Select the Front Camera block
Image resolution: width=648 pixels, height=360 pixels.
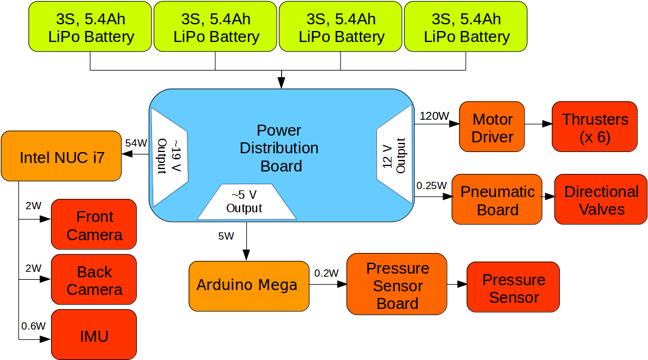click(x=94, y=225)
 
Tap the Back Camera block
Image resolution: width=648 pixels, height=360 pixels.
click(x=94, y=280)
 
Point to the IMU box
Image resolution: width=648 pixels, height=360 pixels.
click(x=94, y=335)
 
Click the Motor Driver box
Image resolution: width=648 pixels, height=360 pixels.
click(x=492, y=127)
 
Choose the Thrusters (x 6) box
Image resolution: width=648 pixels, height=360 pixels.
click(x=595, y=127)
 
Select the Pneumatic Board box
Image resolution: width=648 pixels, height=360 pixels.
click(x=497, y=200)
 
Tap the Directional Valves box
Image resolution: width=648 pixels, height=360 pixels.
click(x=601, y=200)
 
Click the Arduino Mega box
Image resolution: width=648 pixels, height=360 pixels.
click(x=248, y=285)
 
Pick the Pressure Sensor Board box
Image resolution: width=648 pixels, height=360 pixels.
click(x=396, y=285)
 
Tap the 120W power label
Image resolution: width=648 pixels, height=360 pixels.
click(x=433, y=116)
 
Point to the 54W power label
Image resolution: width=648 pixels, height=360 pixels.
click(x=136, y=144)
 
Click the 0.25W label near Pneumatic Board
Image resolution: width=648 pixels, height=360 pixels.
click(x=432, y=185)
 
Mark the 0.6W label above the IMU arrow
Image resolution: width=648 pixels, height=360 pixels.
click(x=33, y=326)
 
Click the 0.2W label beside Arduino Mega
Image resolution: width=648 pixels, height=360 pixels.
click(x=326, y=273)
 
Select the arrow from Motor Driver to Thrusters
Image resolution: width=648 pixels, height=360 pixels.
click(x=538, y=124)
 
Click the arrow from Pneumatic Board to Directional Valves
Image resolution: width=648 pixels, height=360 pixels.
click(x=548, y=197)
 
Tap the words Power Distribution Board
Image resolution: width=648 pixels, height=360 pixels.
click(x=279, y=148)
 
